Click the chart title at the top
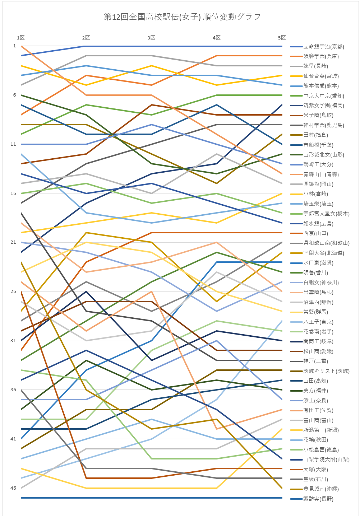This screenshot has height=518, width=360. (x=182, y=17)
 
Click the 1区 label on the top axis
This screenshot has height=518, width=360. (x=21, y=38)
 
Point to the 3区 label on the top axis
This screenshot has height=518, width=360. (x=151, y=38)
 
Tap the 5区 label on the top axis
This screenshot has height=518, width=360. (x=282, y=38)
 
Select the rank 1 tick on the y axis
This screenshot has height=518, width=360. (x=15, y=46)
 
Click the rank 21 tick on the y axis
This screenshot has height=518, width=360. (x=13, y=243)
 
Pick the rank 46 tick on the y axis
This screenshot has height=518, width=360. (x=13, y=488)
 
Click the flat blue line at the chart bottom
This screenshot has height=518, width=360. (x=151, y=498)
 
